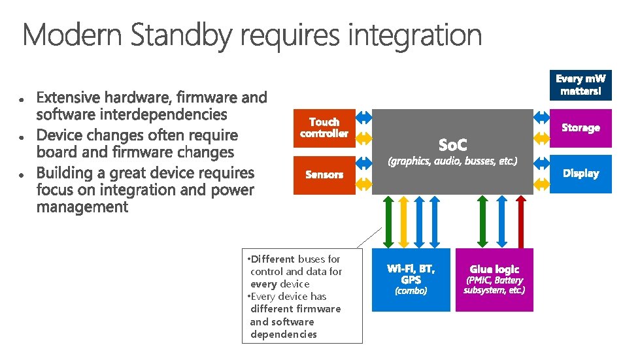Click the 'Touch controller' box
324,128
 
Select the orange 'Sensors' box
324,174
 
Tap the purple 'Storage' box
581,128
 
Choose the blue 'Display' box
581,174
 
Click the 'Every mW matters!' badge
581,85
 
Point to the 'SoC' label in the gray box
452,143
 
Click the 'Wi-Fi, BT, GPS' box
411,279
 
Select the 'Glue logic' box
494,279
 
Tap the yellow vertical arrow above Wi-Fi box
403,221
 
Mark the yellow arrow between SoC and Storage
541,138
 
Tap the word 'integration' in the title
414,36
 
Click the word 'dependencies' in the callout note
284,335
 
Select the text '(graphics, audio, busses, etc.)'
452,161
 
